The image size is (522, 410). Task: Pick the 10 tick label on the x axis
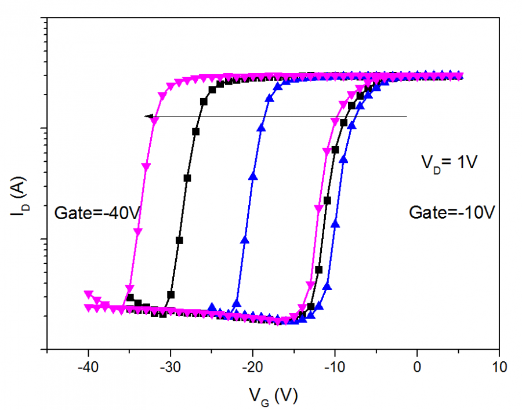coord(499,368)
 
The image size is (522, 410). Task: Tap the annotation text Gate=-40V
coord(97,213)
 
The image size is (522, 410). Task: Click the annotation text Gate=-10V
coord(452,213)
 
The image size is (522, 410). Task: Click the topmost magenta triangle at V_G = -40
coord(88,294)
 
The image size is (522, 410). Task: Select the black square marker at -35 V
coord(130,297)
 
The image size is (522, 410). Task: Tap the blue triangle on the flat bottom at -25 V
coord(212,307)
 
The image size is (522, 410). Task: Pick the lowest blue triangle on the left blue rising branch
coord(236,302)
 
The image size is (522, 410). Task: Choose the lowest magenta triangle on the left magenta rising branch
coord(129,288)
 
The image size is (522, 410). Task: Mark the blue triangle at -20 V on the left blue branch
coord(253,176)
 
